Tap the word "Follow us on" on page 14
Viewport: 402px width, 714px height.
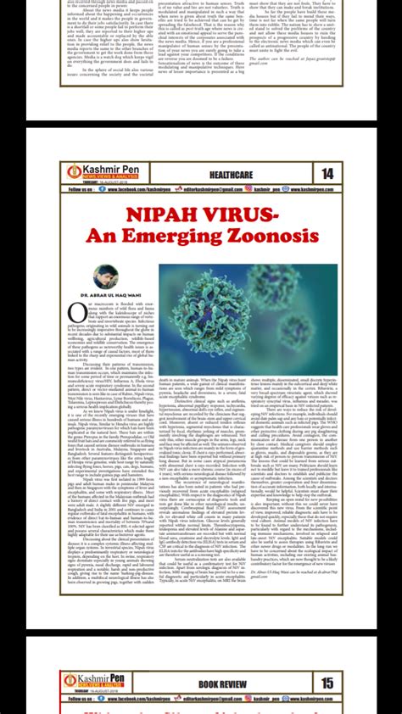[81, 190]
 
